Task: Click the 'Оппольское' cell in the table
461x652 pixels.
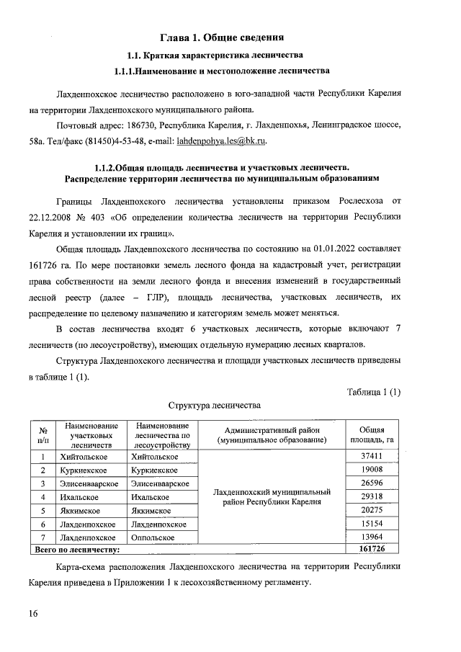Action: click(154, 537)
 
